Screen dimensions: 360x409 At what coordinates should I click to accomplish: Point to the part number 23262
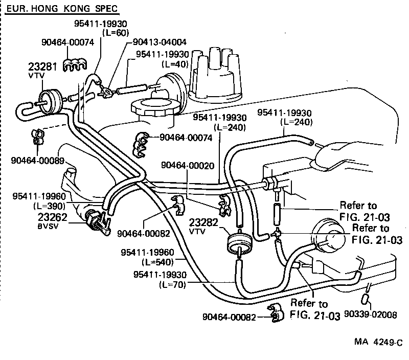point(52,216)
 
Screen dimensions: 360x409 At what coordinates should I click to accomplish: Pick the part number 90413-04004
point(160,42)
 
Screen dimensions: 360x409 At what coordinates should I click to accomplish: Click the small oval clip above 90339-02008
point(366,298)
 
